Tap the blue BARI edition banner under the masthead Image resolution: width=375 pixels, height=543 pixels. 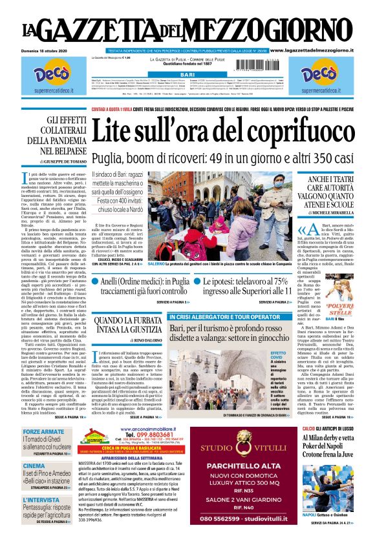(187, 76)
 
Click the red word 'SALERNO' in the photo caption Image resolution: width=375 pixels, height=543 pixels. (156, 263)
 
